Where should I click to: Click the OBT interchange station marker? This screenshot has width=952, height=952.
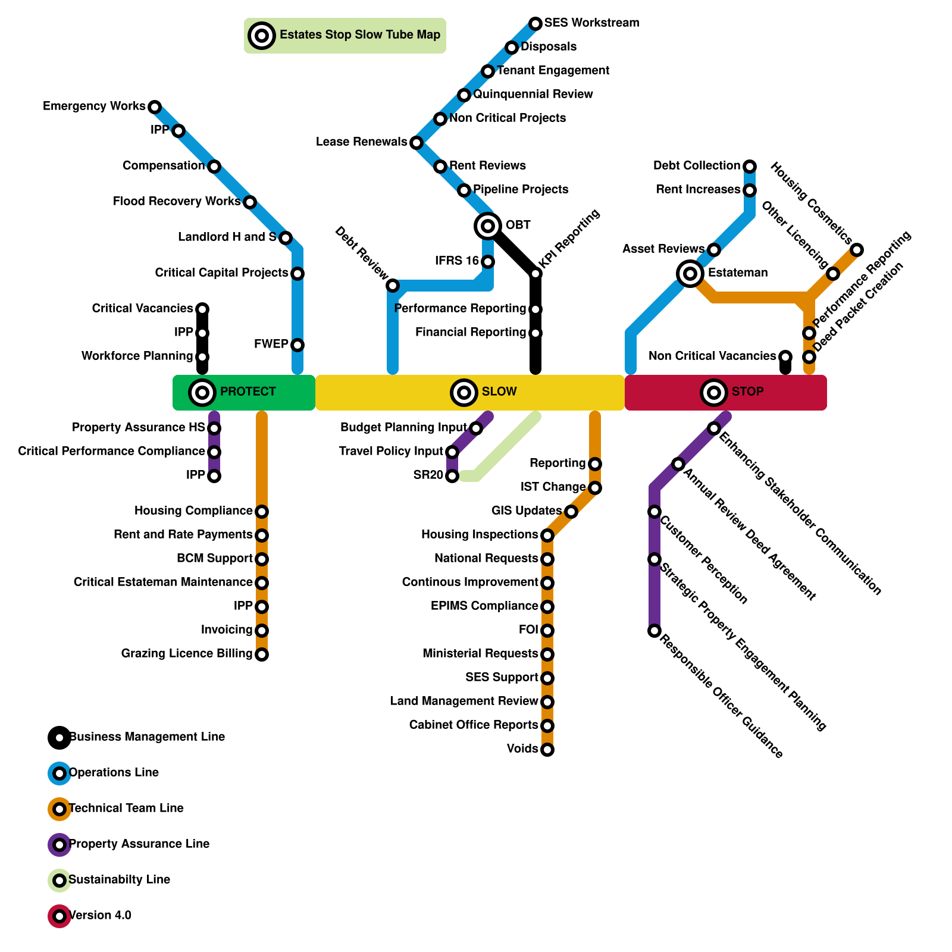488,226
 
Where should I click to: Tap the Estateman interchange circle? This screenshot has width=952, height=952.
690,274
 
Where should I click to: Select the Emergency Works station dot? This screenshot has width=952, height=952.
155,107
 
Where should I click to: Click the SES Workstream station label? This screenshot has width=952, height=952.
591,23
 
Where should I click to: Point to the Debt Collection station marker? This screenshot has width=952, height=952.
750,166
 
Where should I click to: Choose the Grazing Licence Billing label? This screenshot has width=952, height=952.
187,654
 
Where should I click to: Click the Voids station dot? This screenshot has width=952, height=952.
547,750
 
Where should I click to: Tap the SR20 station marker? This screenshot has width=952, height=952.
452,476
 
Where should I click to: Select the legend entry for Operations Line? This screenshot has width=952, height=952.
114,773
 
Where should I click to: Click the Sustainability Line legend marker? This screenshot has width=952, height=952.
59,881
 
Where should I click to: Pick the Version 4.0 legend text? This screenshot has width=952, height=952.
100,916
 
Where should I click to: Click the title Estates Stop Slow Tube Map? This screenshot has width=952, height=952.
360,35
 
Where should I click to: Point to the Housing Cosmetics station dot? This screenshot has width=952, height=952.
856,250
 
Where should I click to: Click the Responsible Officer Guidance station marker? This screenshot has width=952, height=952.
654,631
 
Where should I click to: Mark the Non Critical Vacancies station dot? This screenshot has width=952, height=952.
785,357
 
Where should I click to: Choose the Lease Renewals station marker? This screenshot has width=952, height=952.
416,143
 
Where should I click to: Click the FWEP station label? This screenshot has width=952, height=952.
271,345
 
